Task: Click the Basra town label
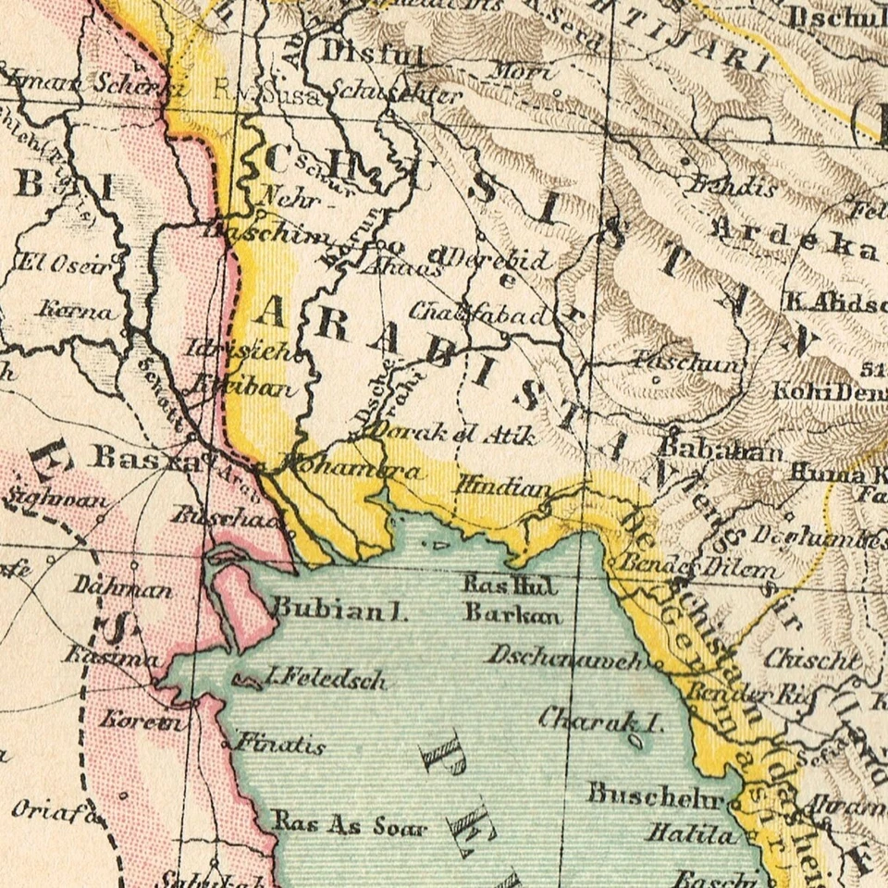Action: point(146,458)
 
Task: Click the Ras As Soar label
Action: point(349,824)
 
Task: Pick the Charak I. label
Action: point(600,719)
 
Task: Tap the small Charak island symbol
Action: point(635,740)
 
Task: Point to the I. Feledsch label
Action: point(324,681)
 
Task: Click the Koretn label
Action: point(142,719)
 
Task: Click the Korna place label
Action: point(78,310)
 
